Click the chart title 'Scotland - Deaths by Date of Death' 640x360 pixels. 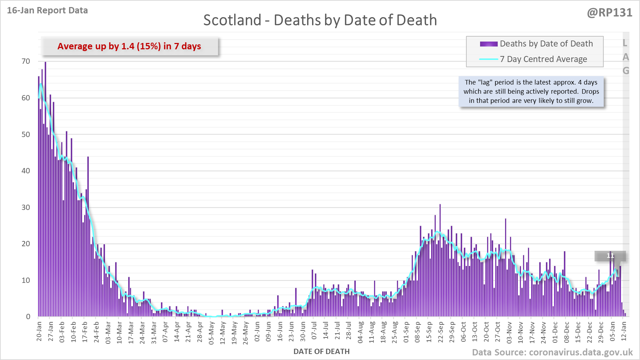(x=320, y=20)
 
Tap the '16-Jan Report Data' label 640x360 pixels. (x=47, y=11)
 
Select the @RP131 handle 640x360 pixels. (x=609, y=13)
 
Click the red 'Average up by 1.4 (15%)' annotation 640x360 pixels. (x=129, y=46)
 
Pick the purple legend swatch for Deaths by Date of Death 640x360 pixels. (x=489, y=44)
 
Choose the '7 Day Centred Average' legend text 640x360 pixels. (x=543, y=59)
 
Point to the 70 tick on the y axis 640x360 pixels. (x=26, y=61)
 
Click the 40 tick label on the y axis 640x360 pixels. (x=26, y=171)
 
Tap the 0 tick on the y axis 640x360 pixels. (x=28, y=317)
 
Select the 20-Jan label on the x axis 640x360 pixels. (x=39, y=331)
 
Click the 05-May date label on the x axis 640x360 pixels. (x=211, y=333)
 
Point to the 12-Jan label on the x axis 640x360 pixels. (x=624, y=331)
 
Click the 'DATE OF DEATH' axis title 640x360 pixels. (x=321, y=352)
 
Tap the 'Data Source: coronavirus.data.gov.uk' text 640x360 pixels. (x=552, y=352)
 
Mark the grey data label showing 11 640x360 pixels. (x=610, y=256)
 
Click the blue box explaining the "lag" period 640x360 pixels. (x=531, y=92)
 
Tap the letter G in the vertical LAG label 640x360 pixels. (x=626, y=71)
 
